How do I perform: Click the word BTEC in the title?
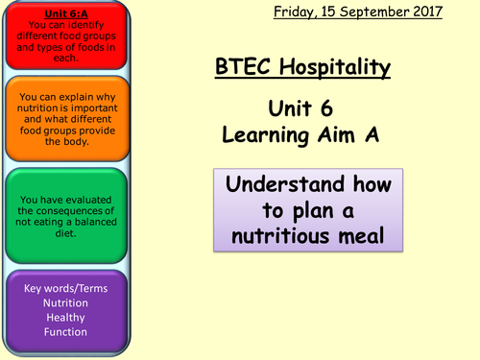tap(241, 67)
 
